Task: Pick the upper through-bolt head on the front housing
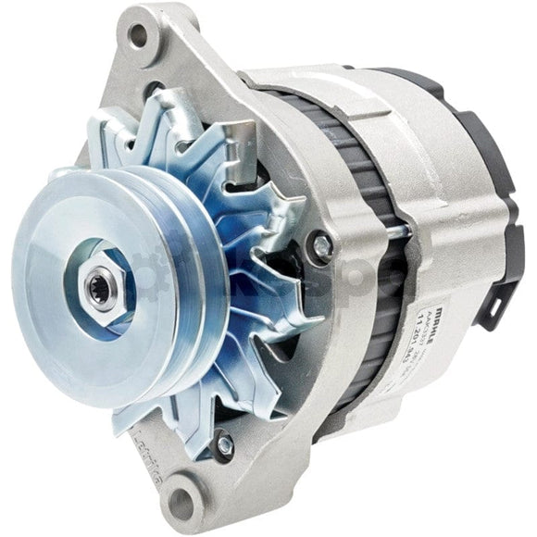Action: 322,245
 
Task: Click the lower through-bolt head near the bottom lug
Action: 223,445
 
